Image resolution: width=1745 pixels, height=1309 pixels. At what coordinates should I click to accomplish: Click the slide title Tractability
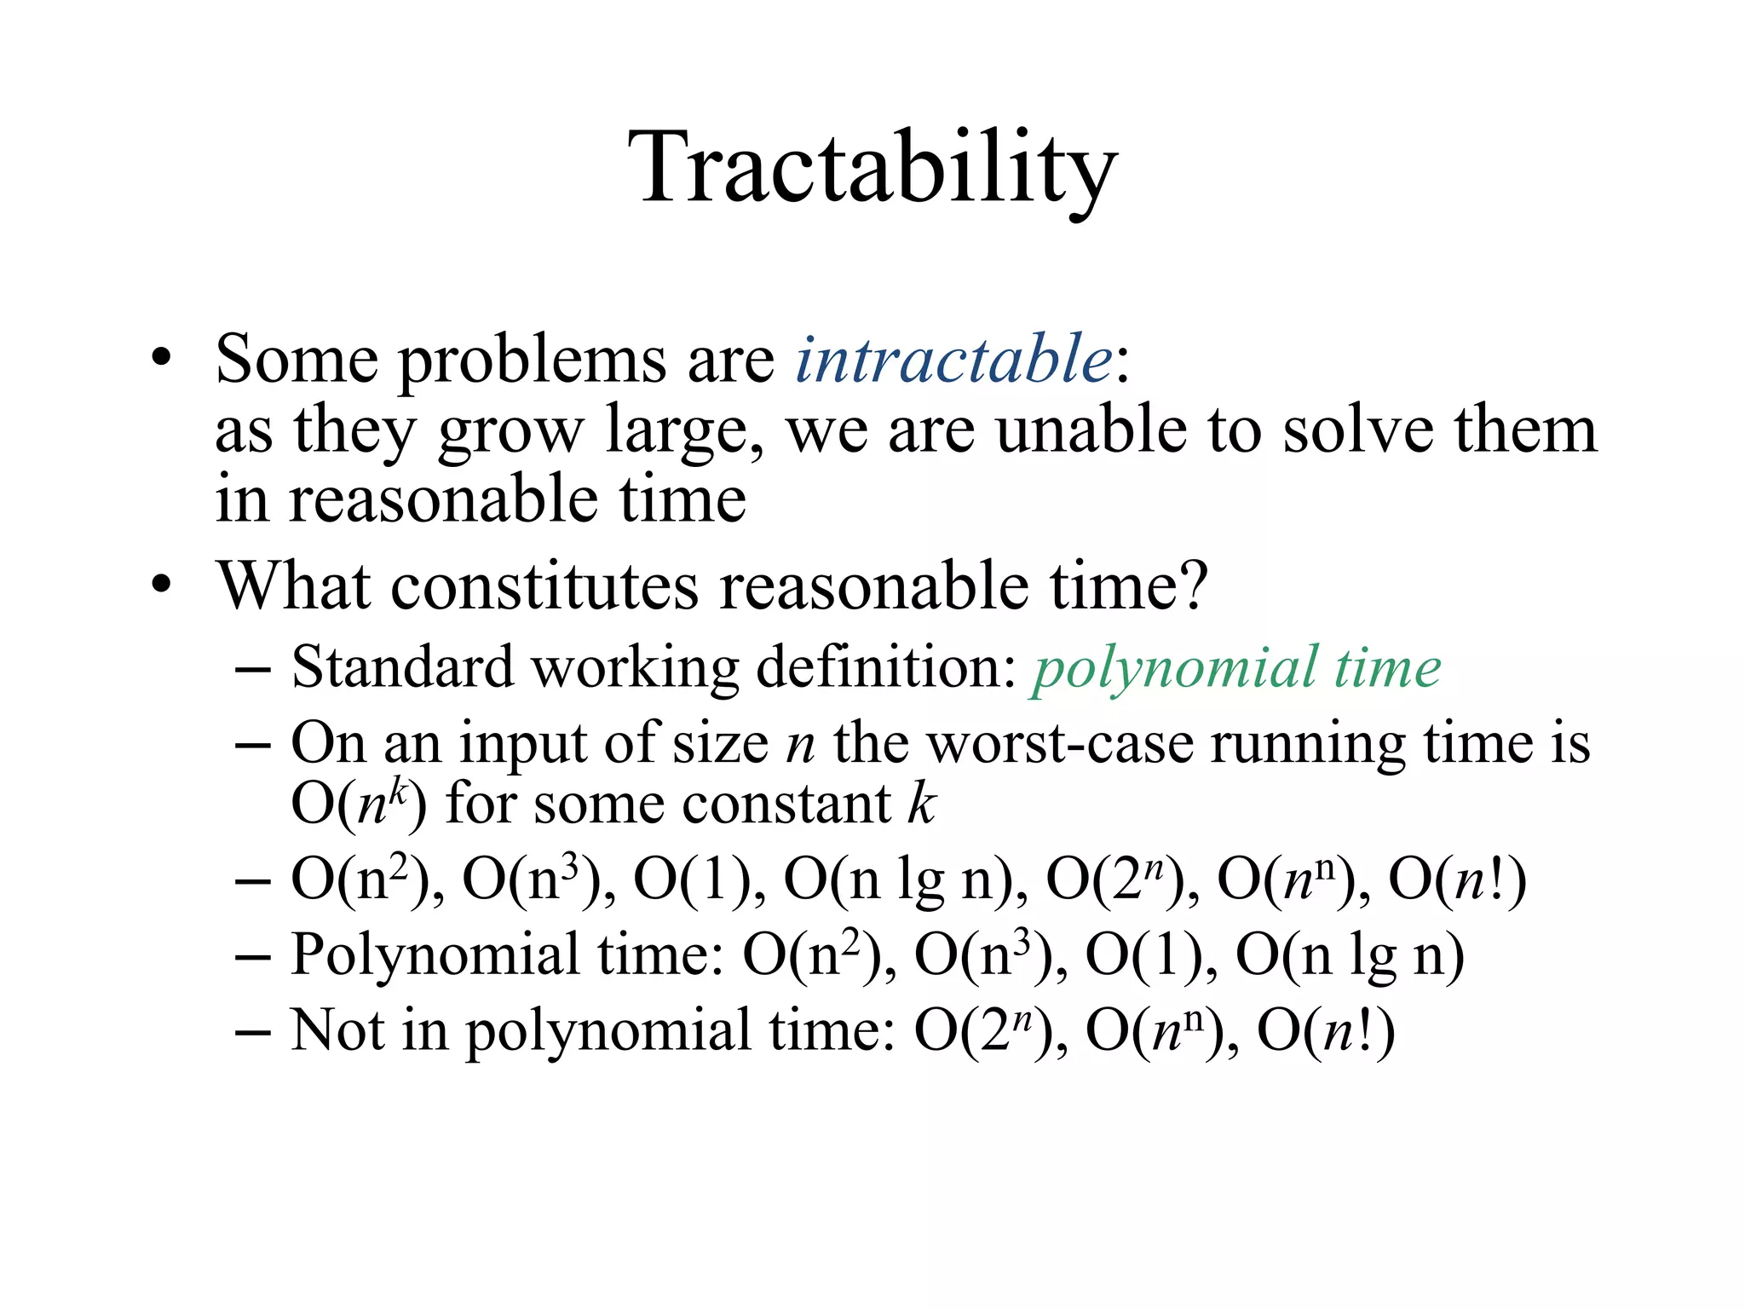pos(872,168)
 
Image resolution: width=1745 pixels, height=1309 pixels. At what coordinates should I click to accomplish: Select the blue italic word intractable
pos(953,359)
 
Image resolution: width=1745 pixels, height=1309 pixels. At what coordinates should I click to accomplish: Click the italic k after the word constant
pos(921,803)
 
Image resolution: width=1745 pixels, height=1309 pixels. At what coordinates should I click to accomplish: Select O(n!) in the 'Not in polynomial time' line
pos(1326,1031)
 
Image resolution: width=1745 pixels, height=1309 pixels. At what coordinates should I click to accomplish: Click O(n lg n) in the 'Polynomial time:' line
pos(1350,955)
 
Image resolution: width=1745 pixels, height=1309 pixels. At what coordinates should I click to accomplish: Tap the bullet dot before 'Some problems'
pos(161,358)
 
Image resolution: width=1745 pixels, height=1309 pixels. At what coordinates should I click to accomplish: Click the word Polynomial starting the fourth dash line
pos(435,955)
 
